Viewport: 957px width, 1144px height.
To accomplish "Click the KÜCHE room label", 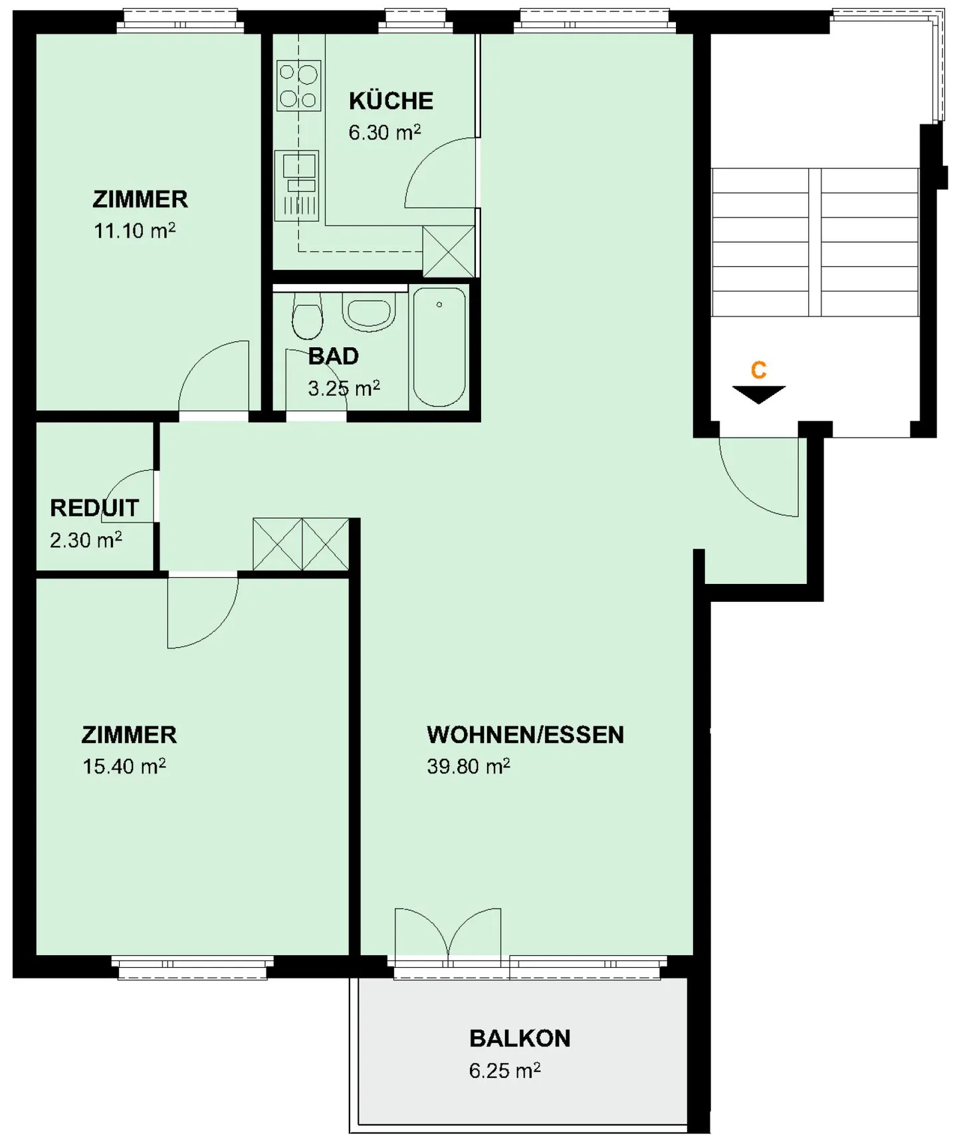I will click(391, 101).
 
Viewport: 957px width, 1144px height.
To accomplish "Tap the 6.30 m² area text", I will click(384, 132).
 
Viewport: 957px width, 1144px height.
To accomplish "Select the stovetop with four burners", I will click(299, 85).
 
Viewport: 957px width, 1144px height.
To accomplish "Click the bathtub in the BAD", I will click(439, 347).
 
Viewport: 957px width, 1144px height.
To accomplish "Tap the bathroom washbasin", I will click(368, 313).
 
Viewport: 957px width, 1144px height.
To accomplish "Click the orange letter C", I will click(758, 370).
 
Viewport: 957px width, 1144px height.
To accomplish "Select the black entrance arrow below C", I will click(758, 394).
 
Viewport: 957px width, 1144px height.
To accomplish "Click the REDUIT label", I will click(94, 508).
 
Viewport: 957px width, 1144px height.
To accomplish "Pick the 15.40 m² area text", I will click(124, 766).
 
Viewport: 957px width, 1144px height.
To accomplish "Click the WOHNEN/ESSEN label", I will click(525, 735).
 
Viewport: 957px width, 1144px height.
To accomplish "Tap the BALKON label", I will click(520, 1038).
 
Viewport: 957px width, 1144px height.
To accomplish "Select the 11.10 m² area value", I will click(134, 231).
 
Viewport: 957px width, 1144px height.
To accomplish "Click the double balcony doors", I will click(448, 934).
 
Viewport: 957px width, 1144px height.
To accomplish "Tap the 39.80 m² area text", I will click(468, 766).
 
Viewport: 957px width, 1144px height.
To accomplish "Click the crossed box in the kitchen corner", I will click(449, 251).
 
